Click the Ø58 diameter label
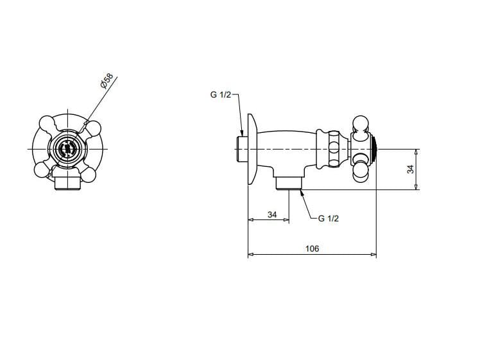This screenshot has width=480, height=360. (x=107, y=81)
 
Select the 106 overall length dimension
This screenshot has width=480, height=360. (x=313, y=248)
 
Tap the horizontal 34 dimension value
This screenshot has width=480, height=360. (x=272, y=214)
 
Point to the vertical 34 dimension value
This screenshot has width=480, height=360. (x=411, y=169)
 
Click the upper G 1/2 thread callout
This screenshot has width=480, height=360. (x=221, y=94)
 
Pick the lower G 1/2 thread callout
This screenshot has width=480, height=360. (x=329, y=219)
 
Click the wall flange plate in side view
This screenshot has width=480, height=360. (x=253, y=150)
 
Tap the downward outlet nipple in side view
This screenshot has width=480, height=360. (x=289, y=183)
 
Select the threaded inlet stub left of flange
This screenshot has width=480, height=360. (x=242, y=150)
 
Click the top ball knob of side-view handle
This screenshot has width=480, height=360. (x=361, y=124)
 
